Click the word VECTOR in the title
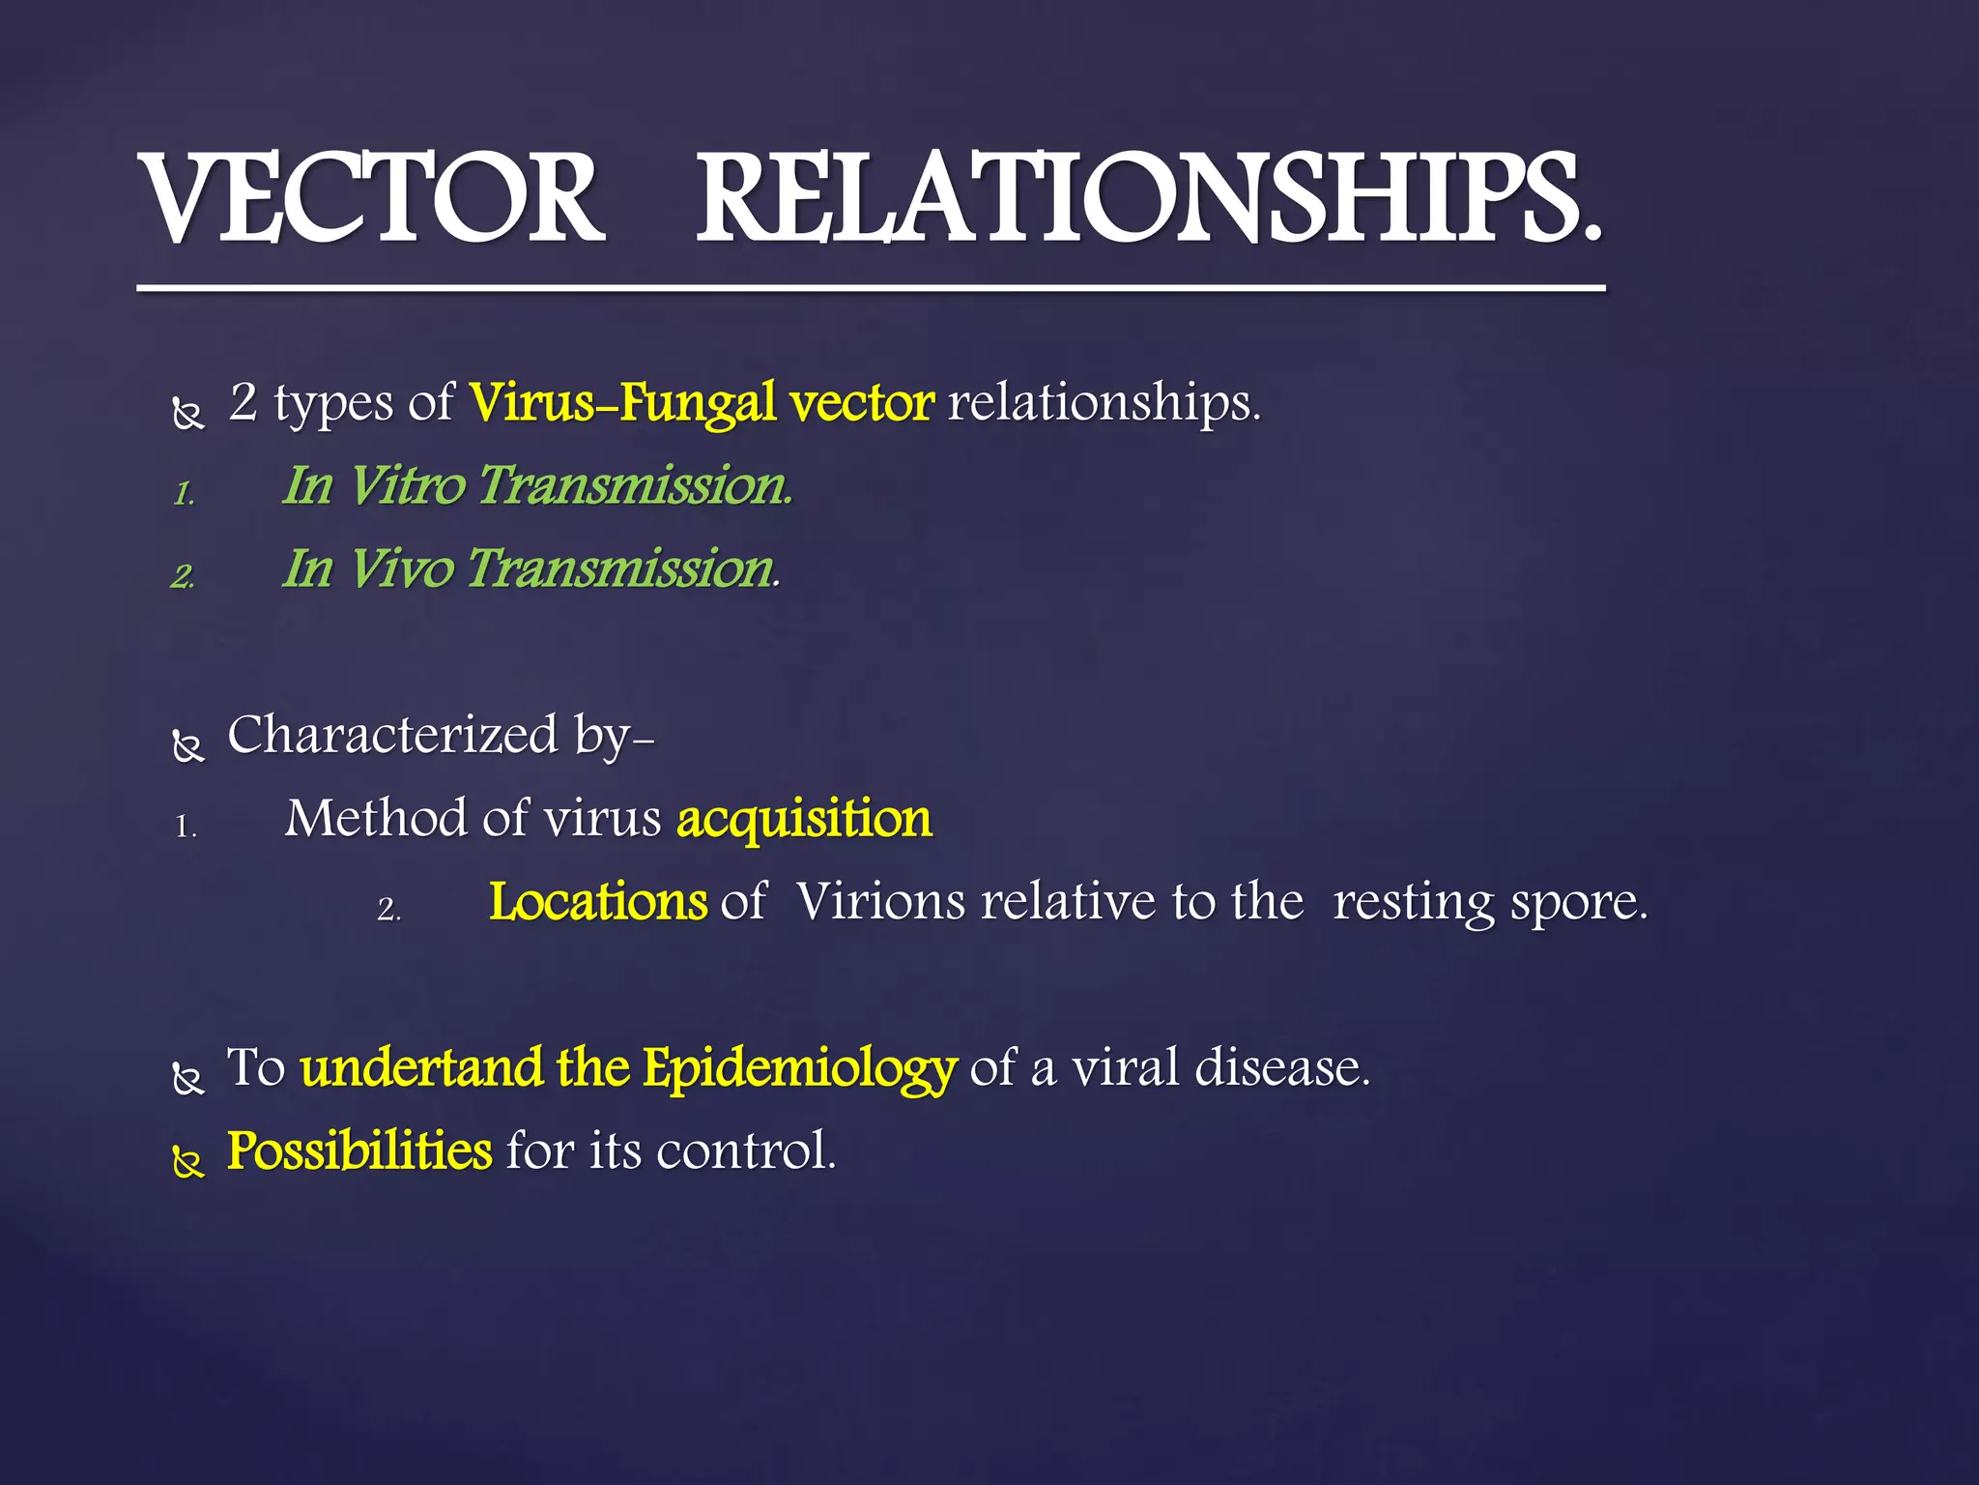[372, 200]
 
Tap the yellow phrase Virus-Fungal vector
[702, 402]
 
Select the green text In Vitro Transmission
[537, 485]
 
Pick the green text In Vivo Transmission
[531, 568]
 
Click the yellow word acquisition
[804, 820]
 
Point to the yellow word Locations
[598, 902]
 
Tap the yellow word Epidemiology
[799, 1069]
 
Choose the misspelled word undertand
[421, 1068]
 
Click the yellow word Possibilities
[359, 1151]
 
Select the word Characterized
[392, 736]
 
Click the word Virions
[880, 902]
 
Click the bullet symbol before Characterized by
[188, 746]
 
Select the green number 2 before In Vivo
[183, 577]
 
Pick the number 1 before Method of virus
[185, 828]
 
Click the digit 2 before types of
[244, 402]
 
